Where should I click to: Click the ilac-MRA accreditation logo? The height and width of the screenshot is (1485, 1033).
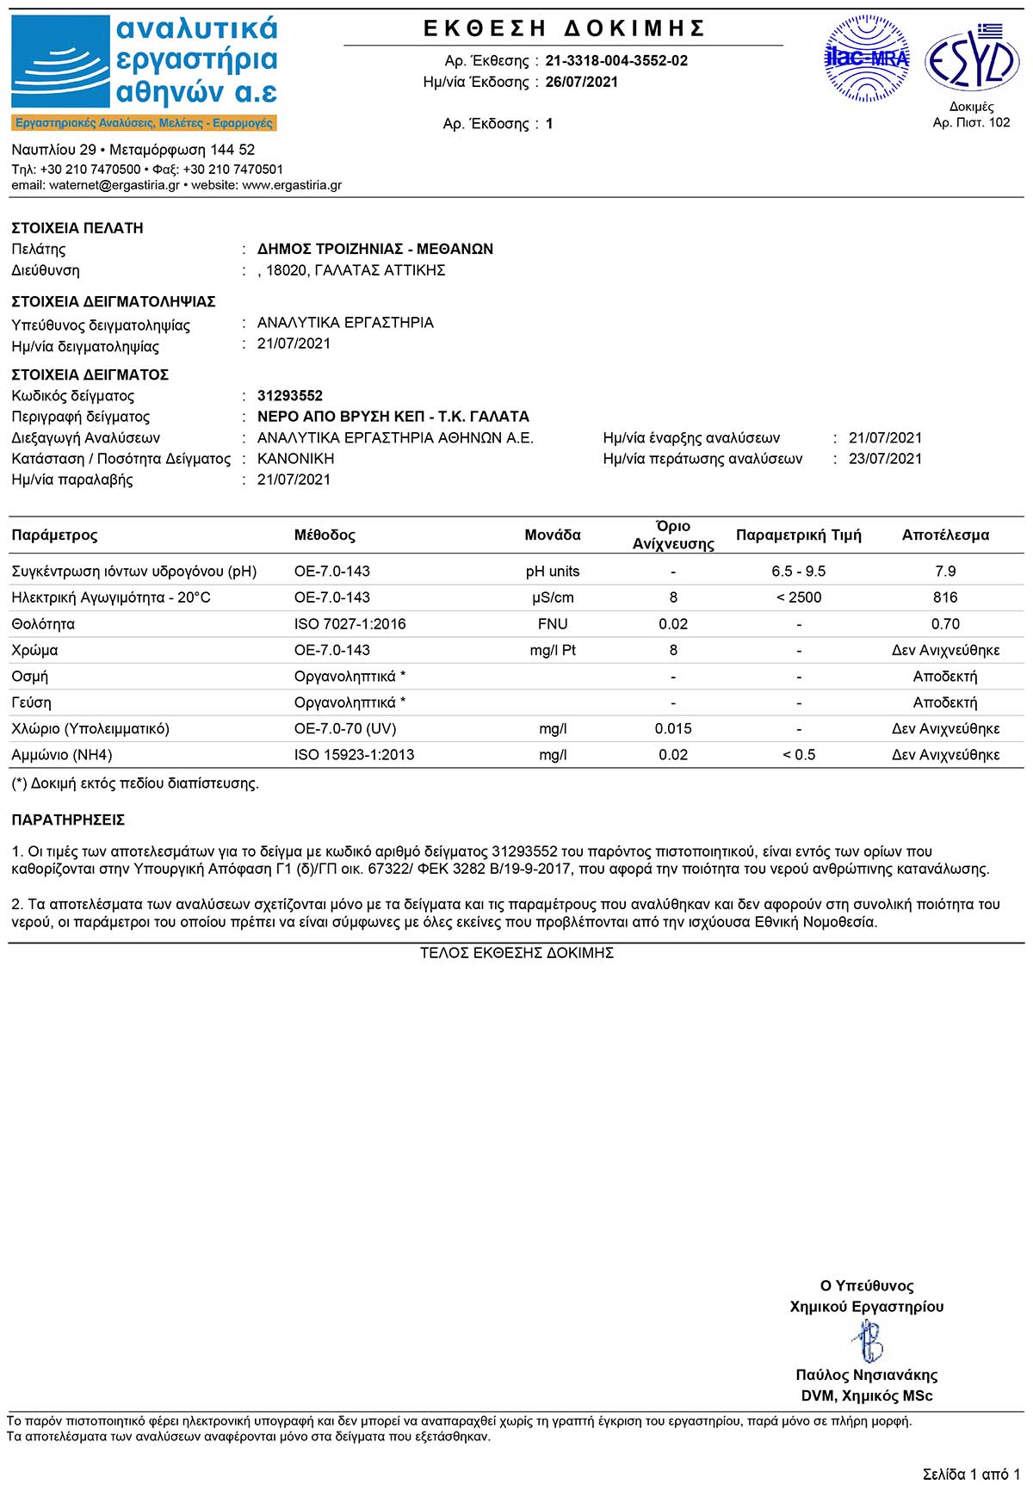click(867, 59)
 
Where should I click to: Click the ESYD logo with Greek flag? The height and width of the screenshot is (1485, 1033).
click(972, 59)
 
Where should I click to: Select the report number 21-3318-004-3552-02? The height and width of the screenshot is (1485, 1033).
click(616, 60)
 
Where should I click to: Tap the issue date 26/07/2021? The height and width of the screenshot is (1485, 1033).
click(581, 82)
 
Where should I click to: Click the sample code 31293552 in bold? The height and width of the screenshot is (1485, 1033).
click(290, 396)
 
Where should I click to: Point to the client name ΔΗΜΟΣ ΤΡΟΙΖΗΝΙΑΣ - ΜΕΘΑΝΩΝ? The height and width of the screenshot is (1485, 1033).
click(375, 249)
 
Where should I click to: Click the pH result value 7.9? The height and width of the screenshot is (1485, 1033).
click(945, 572)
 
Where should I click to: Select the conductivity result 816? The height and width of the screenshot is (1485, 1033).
click(945, 597)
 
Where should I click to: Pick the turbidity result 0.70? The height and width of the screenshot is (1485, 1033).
click(945, 624)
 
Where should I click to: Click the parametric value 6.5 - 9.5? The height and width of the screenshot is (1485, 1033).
click(799, 572)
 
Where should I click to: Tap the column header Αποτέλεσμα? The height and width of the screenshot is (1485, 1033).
click(945, 535)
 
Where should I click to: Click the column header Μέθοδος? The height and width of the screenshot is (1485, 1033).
click(325, 535)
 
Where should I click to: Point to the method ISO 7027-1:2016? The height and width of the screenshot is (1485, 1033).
click(349, 624)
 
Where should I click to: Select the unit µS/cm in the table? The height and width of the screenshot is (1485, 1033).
click(553, 597)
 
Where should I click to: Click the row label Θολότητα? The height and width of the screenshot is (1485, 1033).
click(43, 624)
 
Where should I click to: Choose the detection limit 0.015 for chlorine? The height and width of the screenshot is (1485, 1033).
click(673, 729)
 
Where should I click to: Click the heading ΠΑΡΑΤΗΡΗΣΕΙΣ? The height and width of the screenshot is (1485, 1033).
click(68, 820)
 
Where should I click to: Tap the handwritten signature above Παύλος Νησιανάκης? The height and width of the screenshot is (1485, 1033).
click(867, 1340)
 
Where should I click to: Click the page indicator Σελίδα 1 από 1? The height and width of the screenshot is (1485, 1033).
click(971, 1474)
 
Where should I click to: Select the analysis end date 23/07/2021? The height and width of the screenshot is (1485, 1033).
click(885, 459)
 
